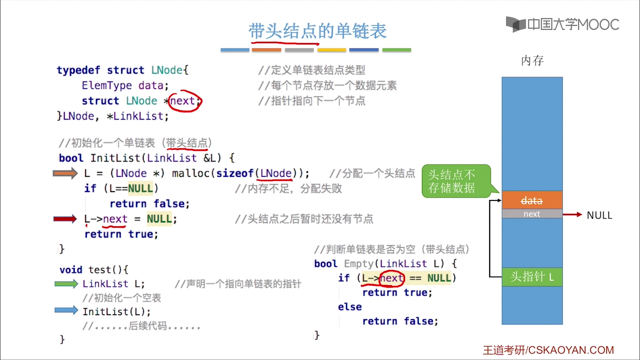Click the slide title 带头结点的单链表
[x=317, y=31]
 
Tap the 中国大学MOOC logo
[x=562, y=24]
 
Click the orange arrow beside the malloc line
[x=65, y=173]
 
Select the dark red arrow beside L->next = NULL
[x=65, y=219]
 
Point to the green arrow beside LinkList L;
[x=66, y=284]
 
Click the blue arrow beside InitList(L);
[x=66, y=310]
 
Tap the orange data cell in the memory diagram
[x=532, y=200]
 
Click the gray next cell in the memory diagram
[x=532, y=214]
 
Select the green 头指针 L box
[x=532, y=277]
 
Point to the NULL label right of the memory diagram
[x=599, y=215]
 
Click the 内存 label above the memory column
[x=532, y=61]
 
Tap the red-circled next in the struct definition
[x=183, y=101]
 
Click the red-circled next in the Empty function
[x=392, y=278]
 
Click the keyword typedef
[x=78, y=70]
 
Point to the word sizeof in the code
[x=235, y=173]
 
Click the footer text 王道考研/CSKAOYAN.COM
[x=548, y=350]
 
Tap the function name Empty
[x=358, y=264]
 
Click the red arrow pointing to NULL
[x=572, y=215]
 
